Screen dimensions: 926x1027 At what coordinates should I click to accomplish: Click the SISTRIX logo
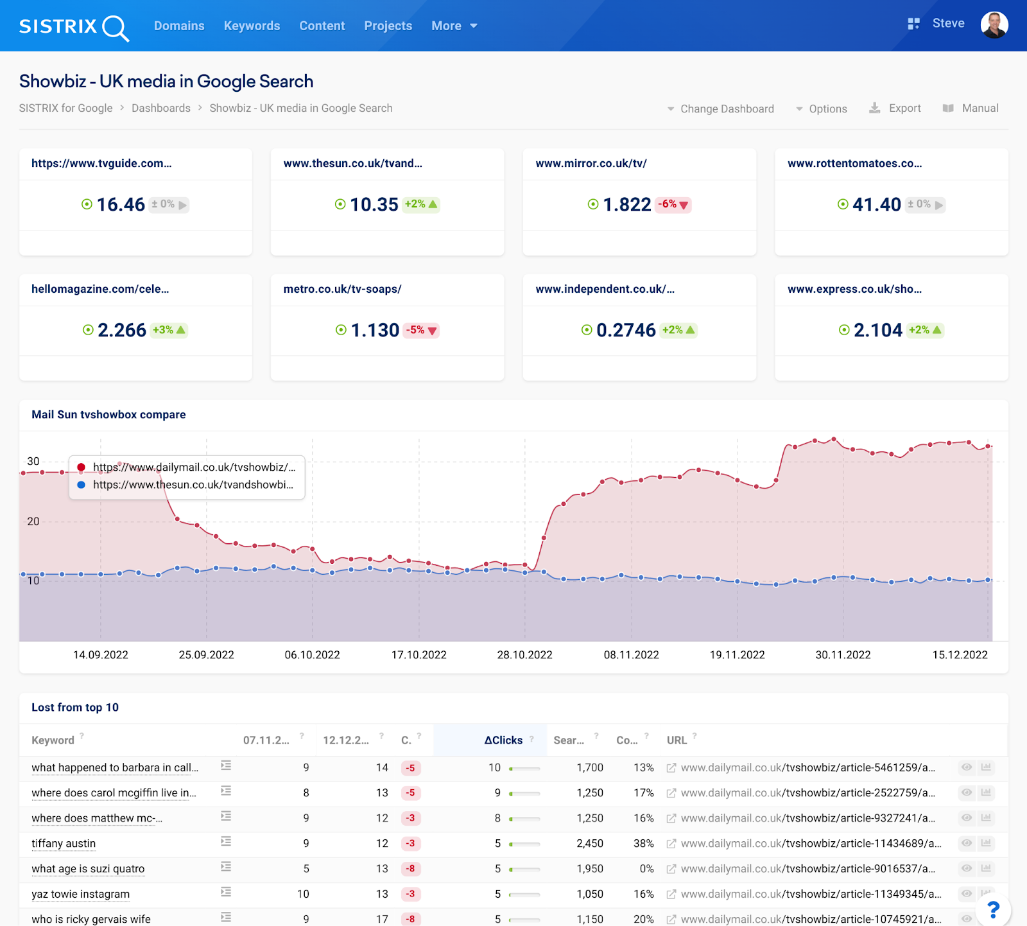[73, 26]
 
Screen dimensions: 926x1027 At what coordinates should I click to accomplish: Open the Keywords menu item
[252, 26]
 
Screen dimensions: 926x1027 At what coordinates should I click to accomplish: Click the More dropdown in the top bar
[454, 26]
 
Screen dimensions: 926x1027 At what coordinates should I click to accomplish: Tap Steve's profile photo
[994, 25]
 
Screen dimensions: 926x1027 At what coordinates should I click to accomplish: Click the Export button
[896, 108]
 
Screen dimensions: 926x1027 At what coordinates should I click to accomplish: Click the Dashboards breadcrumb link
[160, 108]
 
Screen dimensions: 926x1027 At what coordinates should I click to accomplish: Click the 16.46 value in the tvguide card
[121, 204]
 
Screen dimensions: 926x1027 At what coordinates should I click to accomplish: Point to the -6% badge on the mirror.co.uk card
[673, 204]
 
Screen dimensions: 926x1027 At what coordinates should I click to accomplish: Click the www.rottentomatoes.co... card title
[854, 163]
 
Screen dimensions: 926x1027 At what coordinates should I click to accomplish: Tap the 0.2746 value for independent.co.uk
[626, 330]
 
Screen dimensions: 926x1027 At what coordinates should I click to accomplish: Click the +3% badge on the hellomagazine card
[169, 330]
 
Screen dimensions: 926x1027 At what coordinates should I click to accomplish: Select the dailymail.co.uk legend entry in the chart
[193, 467]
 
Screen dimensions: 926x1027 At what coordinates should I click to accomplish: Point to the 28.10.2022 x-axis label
[524, 654]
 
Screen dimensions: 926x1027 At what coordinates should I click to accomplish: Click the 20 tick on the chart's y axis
[33, 521]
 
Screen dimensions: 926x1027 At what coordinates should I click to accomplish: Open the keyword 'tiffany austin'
[64, 843]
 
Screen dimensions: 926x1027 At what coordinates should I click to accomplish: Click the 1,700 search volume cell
[589, 767]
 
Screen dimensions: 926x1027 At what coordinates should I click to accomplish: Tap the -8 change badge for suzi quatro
[410, 869]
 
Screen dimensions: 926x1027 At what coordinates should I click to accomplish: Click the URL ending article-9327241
[807, 818]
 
